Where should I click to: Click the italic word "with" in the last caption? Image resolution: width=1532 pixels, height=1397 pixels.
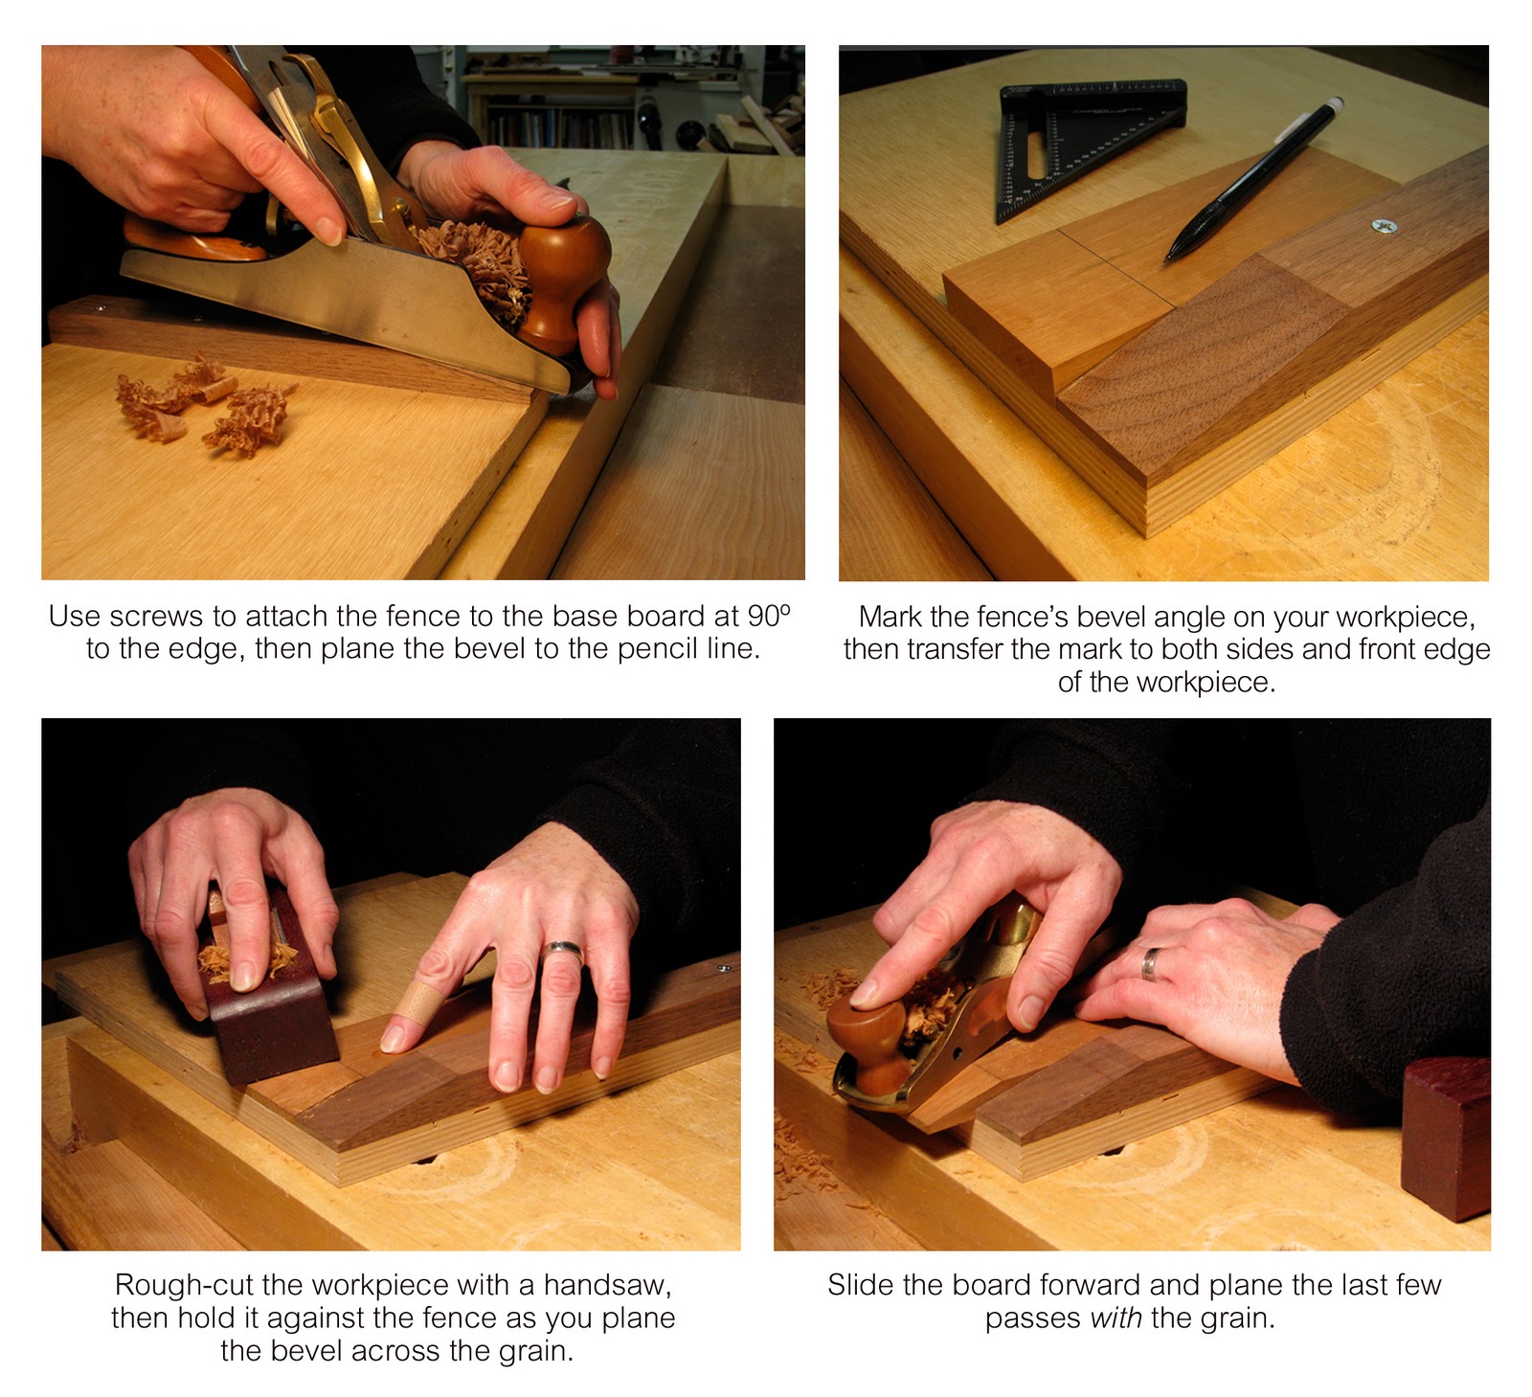click(1116, 1318)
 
